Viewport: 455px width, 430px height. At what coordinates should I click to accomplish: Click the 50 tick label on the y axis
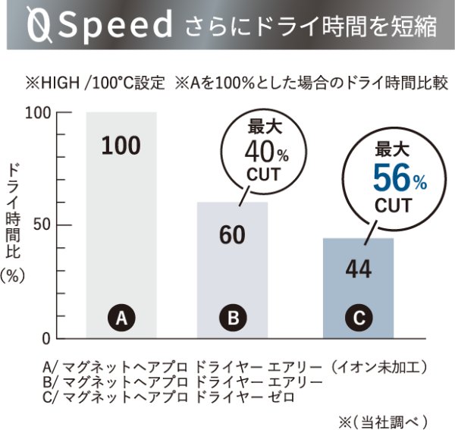pos(42,225)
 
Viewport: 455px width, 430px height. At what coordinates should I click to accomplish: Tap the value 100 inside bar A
pos(121,146)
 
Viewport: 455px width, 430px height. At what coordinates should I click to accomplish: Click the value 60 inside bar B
pos(232,236)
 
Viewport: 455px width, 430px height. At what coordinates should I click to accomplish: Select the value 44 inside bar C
pos(358,269)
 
